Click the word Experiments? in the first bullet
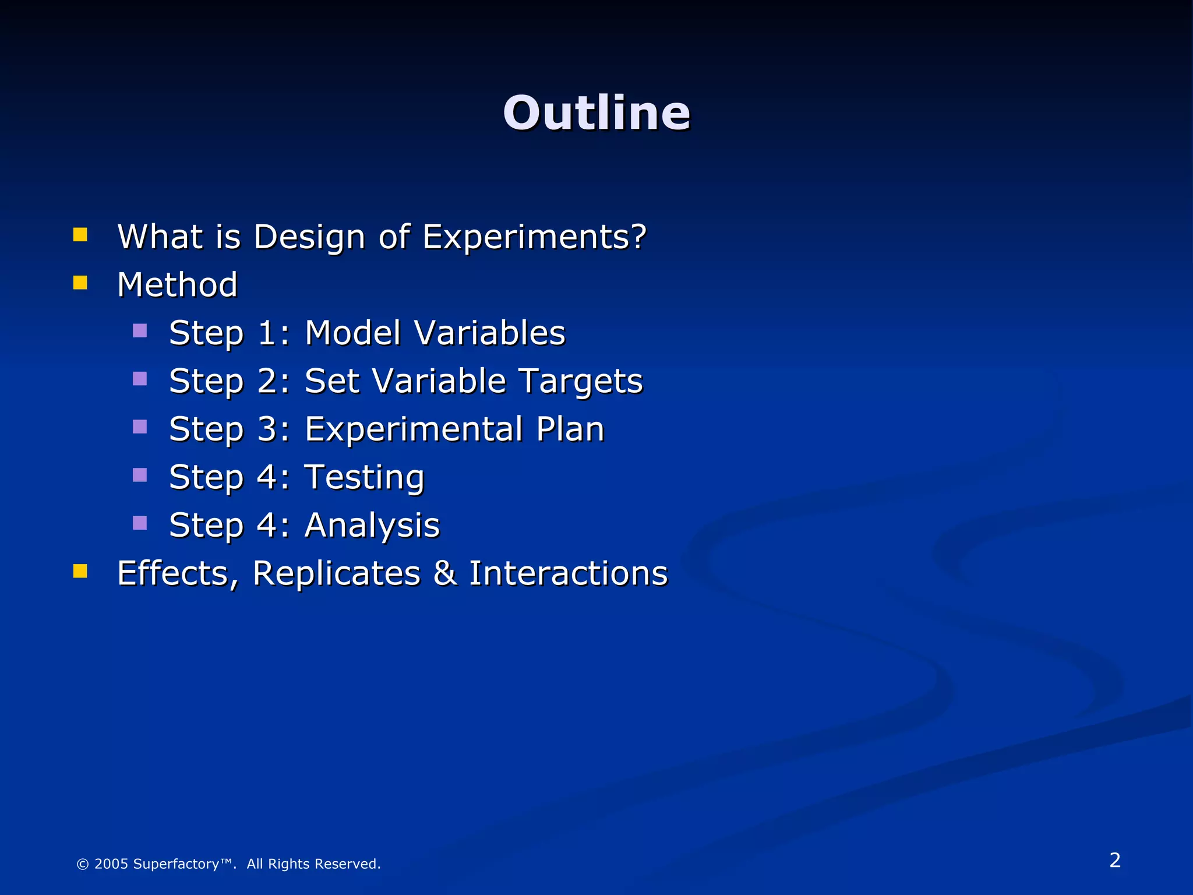pyautogui.click(x=534, y=237)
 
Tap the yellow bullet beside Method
pyautogui.click(x=80, y=283)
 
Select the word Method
pyautogui.click(x=178, y=285)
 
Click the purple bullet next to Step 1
pyautogui.click(x=140, y=331)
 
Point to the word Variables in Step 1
pyautogui.click(x=489, y=333)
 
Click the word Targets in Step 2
pyautogui.click(x=580, y=382)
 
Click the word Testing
pyautogui.click(x=365, y=478)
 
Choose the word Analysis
pyautogui.click(x=372, y=526)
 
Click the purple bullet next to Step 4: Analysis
pyautogui.click(x=140, y=523)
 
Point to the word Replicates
pyautogui.click(x=336, y=573)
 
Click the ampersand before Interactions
pyautogui.click(x=445, y=573)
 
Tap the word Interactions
pyautogui.click(x=568, y=573)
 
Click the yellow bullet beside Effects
pyautogui.click(x=80, y=571)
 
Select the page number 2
pyautogui.click(x=1114, y=860)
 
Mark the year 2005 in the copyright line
pyautogui.click(x=111, y=864)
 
